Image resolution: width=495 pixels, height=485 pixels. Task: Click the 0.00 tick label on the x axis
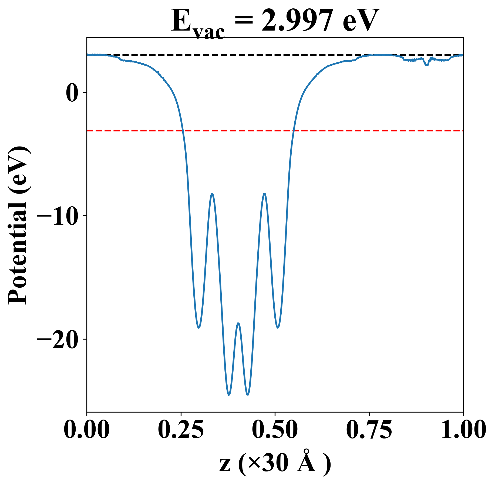(x=87, y=430)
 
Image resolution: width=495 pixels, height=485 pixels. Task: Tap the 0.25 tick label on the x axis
(x=181, y=430)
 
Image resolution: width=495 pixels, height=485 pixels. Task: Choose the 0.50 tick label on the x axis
(x=275, y=430)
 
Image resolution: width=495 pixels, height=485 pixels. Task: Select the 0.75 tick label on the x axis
(x=369, y=430)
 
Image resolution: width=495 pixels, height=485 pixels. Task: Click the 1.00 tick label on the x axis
(x=463, y=430)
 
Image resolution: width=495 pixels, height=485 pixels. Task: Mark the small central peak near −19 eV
(x=238, y=323)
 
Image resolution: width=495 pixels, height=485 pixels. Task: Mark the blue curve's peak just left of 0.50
(x=264, y=194)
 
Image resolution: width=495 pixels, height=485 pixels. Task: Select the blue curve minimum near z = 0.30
(x=199, y=328)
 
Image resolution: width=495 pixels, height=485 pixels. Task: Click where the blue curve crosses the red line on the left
(x=183, y=131)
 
